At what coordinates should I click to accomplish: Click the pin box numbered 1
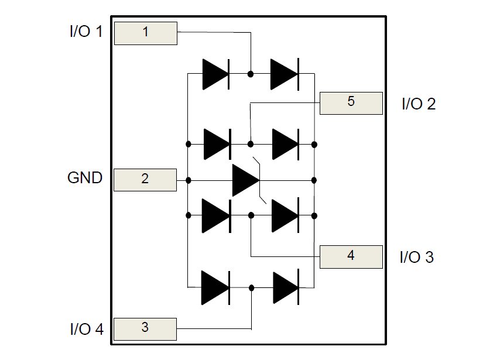pyautogui.click(x=145, y=33)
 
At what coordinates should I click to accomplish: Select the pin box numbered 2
pyautogui.click(x=145, y=179)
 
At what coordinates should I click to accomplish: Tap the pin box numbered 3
pyautogui.click(x=145, y=328)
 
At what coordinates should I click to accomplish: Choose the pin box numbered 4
pyautogui.click(x=351, y=256)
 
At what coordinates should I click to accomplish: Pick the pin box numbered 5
pyautogui.click(x=351, y=102)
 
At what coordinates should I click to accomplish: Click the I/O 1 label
pyautogui.click(x=85, y=32)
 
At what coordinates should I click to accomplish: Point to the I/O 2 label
pyautogui.click(x=418, y=104)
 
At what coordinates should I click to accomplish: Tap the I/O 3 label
pyautogui.click(x=416, y=257)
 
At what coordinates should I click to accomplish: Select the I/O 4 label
pyautogui.click(x=86, y=330)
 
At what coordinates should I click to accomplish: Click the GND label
pyautogui.click(x=85, y=178)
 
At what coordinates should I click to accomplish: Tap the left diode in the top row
pyautogui.click(x=215, y=74)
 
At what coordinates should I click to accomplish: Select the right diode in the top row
pyautogui.click(x=285, y=74)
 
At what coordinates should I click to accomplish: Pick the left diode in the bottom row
pyautogui.click(x=215, y=287)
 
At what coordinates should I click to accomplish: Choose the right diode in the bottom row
pyautogui.click(x=286, y=287)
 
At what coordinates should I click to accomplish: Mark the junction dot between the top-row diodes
pyautogui.click(x=251, y=74)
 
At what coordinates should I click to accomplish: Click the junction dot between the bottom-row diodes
pyautogui.click(x=252, y=287)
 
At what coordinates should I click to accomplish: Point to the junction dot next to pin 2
pyautogui.click(x=188, y=180)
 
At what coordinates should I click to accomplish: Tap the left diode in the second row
pyautogui.click(x=217, y=144)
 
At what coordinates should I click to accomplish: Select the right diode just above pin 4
pyautogui.click(x=285, y=215)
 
